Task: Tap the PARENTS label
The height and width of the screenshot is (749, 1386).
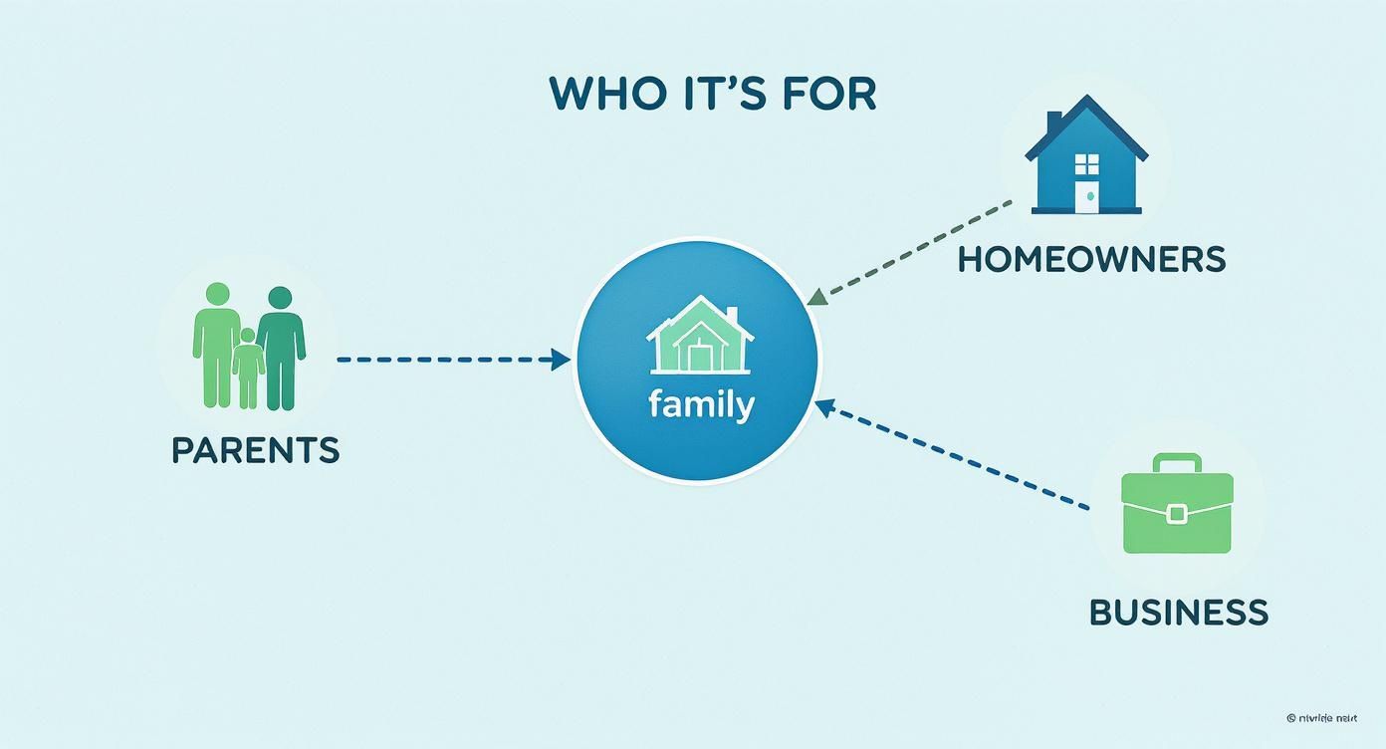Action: (255, 450)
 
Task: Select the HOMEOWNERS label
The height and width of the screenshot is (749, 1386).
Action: (1091, 259)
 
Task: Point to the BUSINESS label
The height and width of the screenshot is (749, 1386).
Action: (1179, 611)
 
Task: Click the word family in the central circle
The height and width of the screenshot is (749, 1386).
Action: (701, 405)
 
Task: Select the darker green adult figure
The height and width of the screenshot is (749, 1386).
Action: (281, 349)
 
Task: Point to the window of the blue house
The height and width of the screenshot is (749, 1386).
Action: (1086, 163)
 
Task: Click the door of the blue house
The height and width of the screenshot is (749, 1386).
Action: (1087, 197)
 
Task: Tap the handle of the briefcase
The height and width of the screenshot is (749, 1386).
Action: (1177, 462)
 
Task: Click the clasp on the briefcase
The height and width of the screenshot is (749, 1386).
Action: (1177, 514)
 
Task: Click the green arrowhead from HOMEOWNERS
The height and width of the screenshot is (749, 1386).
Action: (817, 296)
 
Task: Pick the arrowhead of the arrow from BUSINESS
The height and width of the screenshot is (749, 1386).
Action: (823, 404)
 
